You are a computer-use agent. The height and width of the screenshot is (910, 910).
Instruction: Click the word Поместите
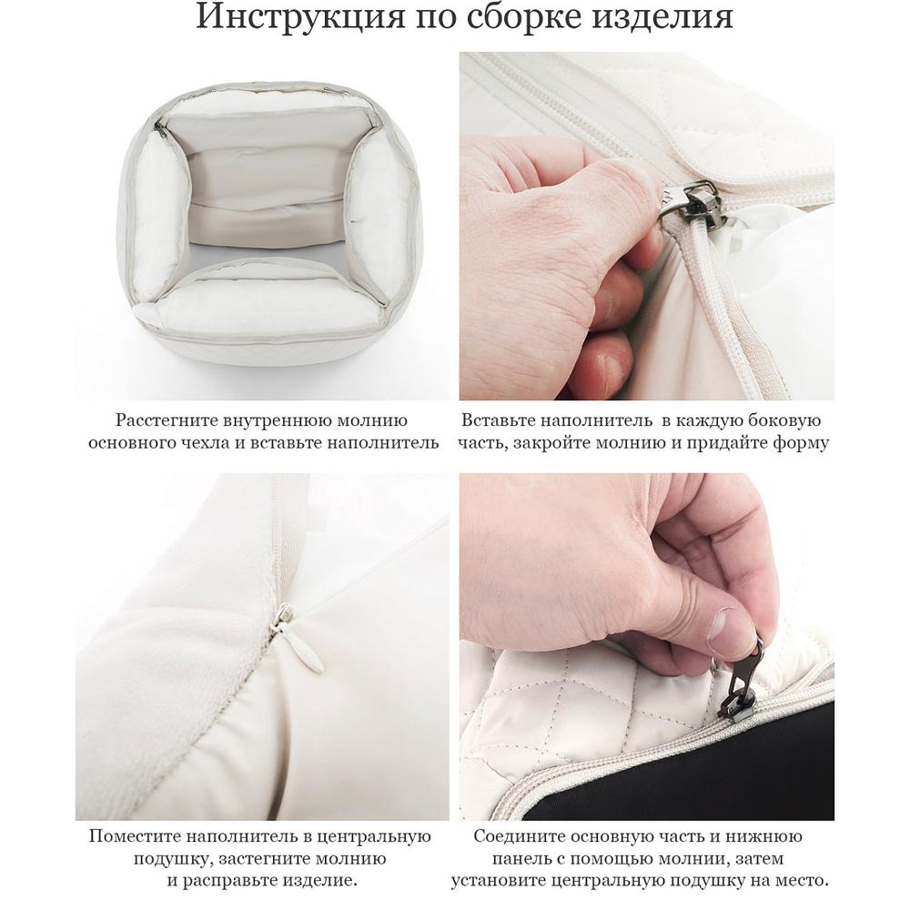click(x=136, y=836)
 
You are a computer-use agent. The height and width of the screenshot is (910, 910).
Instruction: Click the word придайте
click(x=741, y=443)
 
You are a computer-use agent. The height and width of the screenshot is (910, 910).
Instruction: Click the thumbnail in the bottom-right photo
click(x=733, y=628)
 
